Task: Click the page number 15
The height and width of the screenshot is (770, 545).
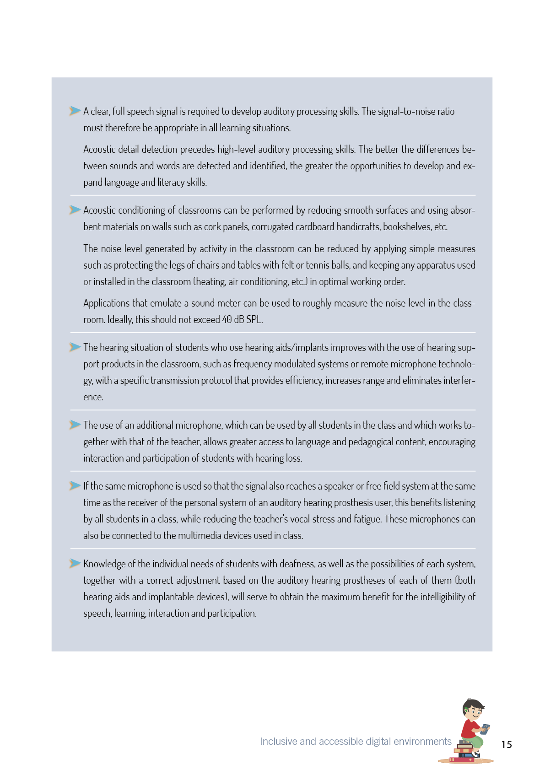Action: pos(506,744)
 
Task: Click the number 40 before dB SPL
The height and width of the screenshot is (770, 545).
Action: pos(227,320)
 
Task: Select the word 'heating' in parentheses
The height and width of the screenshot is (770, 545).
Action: pos(211,282)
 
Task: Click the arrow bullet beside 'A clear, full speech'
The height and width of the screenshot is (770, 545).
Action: pos(75,111)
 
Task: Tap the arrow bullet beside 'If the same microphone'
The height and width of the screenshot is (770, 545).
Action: pos(75,485)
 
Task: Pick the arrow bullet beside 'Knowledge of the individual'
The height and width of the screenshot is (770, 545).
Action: pos(75,563)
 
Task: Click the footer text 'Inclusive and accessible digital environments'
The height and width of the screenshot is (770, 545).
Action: pos(356,742)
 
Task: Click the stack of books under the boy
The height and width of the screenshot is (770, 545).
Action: pos(464,751)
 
